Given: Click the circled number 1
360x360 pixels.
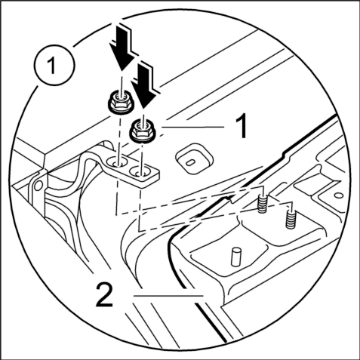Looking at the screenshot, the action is (x=54, y=66).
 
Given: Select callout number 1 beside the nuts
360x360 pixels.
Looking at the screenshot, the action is (x=242, y=125).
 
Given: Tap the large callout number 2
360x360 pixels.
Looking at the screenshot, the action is (x=104, y=294).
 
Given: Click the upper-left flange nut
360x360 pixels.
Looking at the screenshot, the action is (x=121, y=103).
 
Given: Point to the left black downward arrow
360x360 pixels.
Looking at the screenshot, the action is (x=121, y=47).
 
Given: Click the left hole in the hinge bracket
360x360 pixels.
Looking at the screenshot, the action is (x=116, y=163).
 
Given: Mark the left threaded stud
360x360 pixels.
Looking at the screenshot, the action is (x=262, y=203).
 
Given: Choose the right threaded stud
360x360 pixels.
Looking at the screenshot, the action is (x=291, y=220).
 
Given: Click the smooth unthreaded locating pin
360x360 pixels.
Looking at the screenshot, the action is (x=235, y=257).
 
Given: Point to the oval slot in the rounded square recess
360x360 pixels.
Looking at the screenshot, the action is (x=190, y=163).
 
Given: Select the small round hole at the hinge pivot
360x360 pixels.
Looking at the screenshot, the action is (x=38, y=186).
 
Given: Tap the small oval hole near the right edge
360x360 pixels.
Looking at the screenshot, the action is (x=339, y=195).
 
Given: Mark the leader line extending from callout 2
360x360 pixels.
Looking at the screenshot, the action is (x=168, y=295).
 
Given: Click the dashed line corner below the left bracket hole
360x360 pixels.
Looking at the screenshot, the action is (x=116, y=214).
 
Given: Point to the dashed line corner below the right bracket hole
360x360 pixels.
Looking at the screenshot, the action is (x=139, y=230).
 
